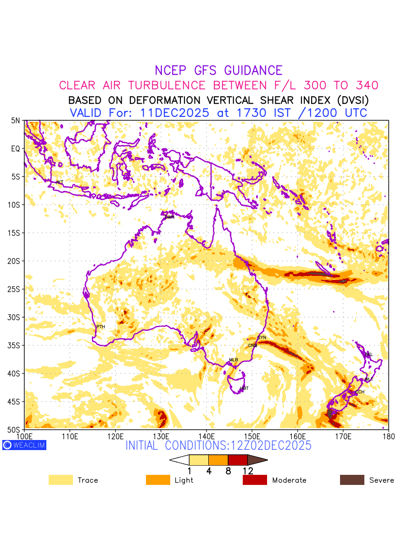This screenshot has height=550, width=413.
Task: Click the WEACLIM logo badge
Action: click(24, 445)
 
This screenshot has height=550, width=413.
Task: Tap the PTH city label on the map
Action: click(100, 327)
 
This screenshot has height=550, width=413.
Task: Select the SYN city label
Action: click(262, 338)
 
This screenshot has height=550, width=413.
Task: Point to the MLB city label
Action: click(234, 360)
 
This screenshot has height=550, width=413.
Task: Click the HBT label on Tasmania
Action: click(244, 389)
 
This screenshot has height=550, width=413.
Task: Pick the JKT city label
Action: click(59, 182)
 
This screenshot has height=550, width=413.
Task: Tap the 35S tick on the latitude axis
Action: click(16, 346)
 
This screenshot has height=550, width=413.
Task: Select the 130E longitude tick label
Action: click(161, 436)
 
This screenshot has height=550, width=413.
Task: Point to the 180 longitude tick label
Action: click(388, 436)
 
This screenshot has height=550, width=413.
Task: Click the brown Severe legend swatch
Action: click(352, 480)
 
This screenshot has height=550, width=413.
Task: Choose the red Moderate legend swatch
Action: click(255, 480)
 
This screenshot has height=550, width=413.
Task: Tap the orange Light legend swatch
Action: click(158, 480)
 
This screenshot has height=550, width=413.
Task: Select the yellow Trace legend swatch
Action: click(61, 480)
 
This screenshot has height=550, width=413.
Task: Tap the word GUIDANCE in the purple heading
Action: click(253, 71)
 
